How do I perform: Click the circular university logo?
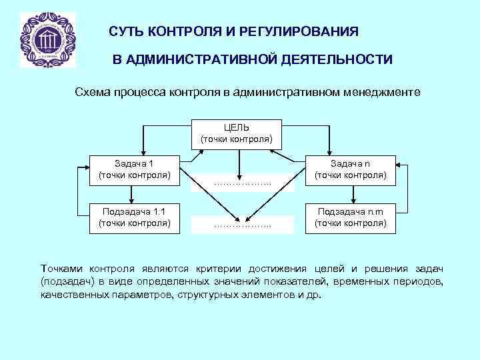(x=48, y=40)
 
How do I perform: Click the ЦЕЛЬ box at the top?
(x=237, y=133)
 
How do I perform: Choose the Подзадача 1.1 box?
(x=134, y=217)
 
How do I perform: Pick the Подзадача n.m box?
(x=351, y=217)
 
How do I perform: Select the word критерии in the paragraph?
(x=220, y=269)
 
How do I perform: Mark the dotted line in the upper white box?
(x=243, y=183)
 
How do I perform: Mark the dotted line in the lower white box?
(x=243, y=225)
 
